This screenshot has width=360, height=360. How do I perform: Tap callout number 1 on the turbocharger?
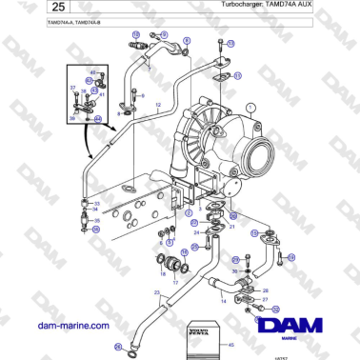250,109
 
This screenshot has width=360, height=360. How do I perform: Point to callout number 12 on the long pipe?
157,101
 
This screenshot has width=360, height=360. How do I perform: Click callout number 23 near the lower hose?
155,292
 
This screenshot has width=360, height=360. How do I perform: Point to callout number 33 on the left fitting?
96,204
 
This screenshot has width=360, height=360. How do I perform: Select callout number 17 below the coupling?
174,283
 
